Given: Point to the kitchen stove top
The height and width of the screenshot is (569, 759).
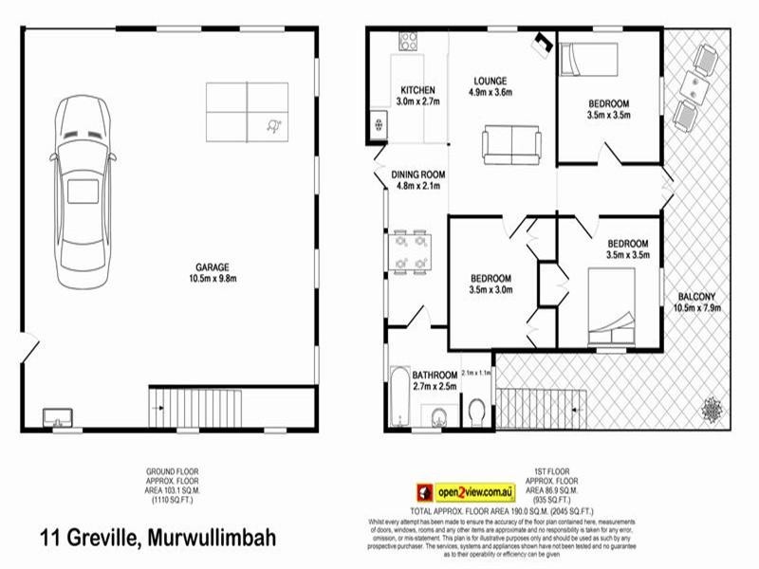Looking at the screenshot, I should (x=409, y=41).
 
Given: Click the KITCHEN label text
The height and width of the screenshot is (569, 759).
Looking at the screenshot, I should (x=417, y=91).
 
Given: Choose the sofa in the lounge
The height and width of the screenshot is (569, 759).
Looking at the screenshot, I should (x=511, y=143).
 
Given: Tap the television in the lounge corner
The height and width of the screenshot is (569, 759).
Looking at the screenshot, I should (x=544, y=42).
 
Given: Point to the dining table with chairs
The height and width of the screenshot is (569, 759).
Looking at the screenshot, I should (x=410, y=250).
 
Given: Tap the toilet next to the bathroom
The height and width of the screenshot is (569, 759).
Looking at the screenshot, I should (x=477, y=411).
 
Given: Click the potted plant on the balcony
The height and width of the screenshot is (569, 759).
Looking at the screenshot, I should (x=712, y=410).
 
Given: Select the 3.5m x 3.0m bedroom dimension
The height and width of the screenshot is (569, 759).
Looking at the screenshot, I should (x=491, y=291).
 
